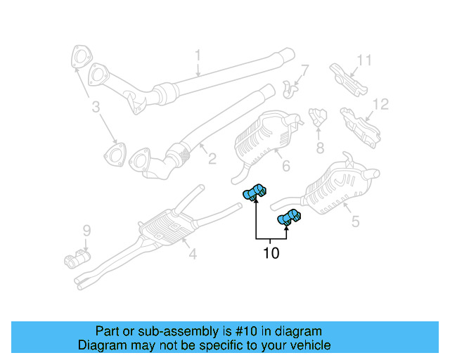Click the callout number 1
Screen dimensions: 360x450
click(x=198, y=54)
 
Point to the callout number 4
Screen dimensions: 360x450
click(x=192, y=254)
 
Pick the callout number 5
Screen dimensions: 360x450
click(x=355, y=221)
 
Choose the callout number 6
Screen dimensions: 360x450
click(x=285, y=167)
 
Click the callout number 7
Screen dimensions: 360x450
click(x=304, y=70)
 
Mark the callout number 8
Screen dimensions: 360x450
click(x=320, y=148)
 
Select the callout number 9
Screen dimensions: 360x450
click(x=86, y=230)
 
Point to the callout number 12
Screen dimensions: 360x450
click(x=380, y=105)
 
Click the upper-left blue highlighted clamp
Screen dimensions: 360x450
click(x=255, y=191)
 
